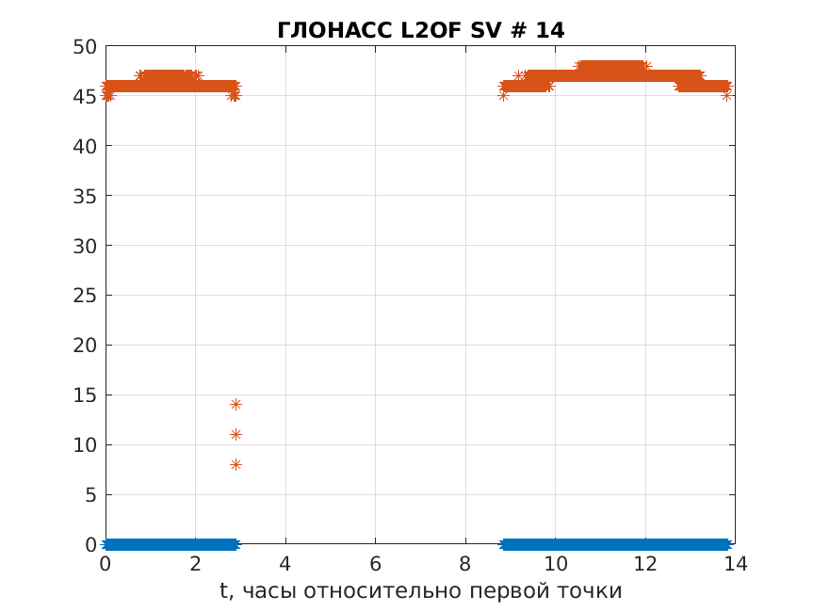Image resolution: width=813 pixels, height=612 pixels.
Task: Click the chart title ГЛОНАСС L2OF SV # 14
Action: point(421,30)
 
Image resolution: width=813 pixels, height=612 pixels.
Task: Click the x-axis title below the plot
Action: point(420,591)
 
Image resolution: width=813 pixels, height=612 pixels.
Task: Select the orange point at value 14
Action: point(236,404)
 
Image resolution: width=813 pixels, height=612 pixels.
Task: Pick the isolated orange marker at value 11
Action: point(236,434)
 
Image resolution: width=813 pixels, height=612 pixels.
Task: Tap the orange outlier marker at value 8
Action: point(236,464)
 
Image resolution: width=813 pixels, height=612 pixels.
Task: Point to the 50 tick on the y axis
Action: point(85,46)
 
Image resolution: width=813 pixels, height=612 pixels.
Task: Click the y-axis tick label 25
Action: point(85,296)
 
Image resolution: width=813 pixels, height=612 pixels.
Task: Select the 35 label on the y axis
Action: point(85,196)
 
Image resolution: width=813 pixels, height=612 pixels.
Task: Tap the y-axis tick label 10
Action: point(85,445)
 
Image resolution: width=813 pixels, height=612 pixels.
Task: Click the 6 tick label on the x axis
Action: point(375,564)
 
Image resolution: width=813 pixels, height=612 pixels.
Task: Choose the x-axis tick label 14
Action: point(735,564)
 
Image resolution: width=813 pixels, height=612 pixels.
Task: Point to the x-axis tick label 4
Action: point(285,564)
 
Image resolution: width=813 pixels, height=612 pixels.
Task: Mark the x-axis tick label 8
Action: point(465,564)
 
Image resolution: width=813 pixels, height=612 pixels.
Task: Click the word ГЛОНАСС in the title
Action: point(334,30)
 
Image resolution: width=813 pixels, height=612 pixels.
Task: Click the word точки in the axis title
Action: point(591,591)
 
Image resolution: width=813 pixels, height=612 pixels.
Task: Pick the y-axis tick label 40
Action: point(85,146)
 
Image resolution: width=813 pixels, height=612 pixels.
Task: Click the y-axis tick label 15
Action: point(85,395)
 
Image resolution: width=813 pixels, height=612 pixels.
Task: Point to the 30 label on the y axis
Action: point(85,246)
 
